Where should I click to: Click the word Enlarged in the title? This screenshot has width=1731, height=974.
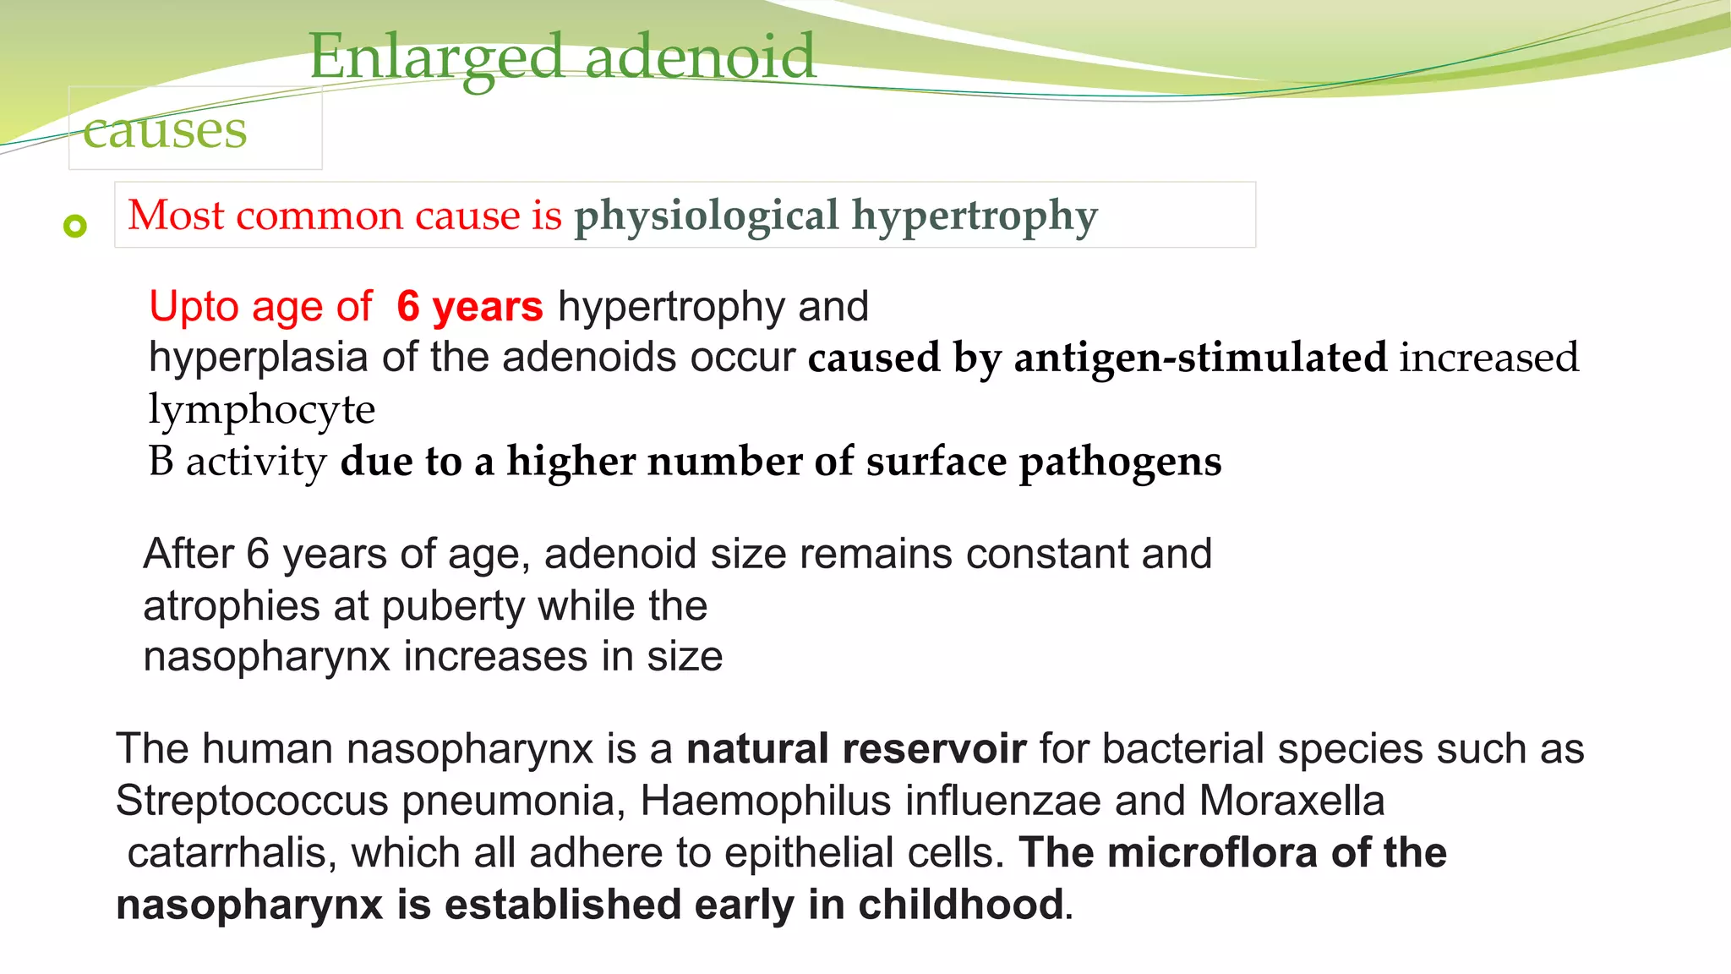coord(436,57)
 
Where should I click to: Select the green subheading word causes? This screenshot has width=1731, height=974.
coord(165,131)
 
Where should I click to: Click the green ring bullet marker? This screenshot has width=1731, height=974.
coord(75,226)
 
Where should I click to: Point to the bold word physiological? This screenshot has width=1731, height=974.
coord(707,216)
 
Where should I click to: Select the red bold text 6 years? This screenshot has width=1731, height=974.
coord(470,306)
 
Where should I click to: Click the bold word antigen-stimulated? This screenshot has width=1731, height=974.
coord(1200,358)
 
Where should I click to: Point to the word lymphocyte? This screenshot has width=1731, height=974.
coord(261,410)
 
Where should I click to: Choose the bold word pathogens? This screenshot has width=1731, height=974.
coord(1120,462)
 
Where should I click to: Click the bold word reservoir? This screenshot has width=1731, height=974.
coord(934,749)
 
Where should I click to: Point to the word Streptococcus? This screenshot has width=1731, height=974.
coord(252,801)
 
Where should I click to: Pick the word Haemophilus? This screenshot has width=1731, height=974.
coord(766,801)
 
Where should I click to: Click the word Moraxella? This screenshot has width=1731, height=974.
coord(1291,801)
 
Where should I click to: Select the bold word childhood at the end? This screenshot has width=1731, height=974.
coord(960,905)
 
